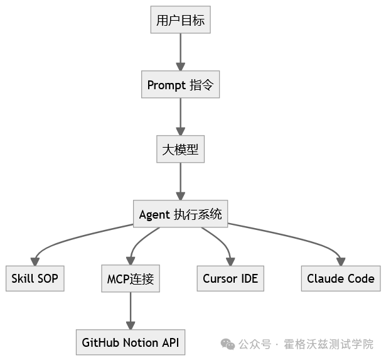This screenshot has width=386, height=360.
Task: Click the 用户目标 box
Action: point(181,21)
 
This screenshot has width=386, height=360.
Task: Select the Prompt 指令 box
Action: point(181,85)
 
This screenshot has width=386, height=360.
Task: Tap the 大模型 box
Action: point(181,150)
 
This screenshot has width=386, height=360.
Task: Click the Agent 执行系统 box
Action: point(181,214)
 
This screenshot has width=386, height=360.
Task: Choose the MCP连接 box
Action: point(131,278)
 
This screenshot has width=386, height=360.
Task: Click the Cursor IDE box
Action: point(230,278)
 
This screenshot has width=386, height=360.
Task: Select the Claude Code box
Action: point(341,278)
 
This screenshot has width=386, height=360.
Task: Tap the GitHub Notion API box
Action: point(131,343)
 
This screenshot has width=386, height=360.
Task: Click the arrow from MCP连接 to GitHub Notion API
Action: point(131,311)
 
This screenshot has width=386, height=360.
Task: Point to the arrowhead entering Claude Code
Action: point(341,261)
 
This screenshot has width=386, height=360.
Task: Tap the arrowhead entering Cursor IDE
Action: point(230,261)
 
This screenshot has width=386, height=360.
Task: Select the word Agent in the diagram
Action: point(154,214)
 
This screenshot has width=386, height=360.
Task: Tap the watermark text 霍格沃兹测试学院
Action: point(328,344)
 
